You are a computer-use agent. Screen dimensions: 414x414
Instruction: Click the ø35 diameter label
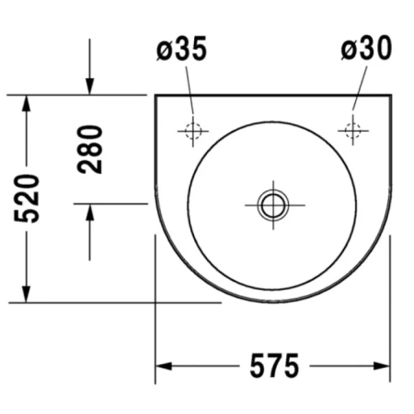181,50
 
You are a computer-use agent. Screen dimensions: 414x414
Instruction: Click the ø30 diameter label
364,50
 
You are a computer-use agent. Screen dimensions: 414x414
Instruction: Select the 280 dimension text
89,149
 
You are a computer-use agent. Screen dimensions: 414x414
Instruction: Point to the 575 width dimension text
272,366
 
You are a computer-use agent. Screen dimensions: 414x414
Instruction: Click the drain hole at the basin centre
272,203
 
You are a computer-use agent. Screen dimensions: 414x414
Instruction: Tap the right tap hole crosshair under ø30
352,130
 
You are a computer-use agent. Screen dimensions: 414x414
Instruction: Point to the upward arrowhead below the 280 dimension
89,213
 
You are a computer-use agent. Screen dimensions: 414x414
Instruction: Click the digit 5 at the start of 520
27,221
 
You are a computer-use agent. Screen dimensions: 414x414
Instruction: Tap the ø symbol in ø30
347,50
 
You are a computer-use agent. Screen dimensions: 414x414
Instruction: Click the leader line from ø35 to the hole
190,92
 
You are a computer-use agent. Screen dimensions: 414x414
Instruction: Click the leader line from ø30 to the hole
356,92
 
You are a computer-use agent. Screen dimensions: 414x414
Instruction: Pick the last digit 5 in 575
290,366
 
